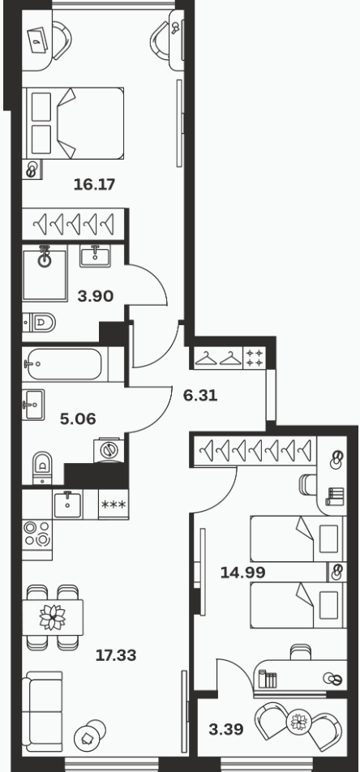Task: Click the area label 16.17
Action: [x=94, y=185]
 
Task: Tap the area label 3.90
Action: [x=96, y=296]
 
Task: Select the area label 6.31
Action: [x=200, y=396]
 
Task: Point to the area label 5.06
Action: [x=78, y=419]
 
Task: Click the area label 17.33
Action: [x=116, y=655]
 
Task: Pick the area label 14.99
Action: [x=242, y=573]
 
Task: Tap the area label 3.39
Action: [x=226, y=729]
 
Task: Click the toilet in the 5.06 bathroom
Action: [x=42, y=467]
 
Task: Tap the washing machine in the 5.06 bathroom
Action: [x=109, y=450]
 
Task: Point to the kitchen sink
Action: [x=68, y=504]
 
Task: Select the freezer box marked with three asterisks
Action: [x=114, y=504]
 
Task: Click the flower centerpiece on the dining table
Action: [x=52, y=617]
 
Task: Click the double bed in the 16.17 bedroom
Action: [x=73, y=123]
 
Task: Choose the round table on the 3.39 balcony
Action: [x=299, y=723]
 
